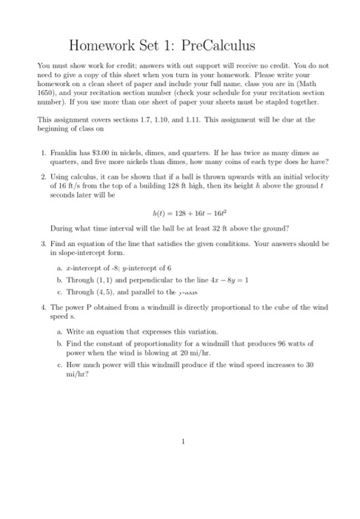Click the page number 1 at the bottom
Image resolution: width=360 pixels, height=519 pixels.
[181, 442]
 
